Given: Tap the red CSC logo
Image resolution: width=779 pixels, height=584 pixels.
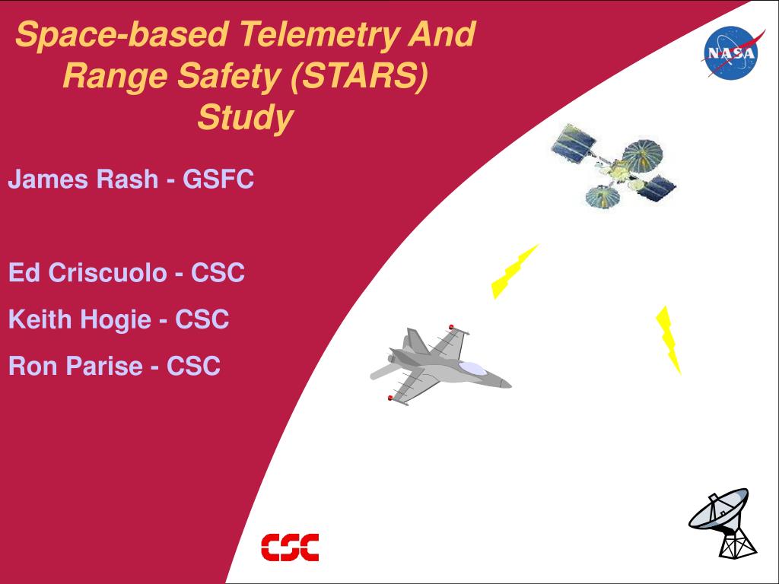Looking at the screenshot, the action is click(290, 547).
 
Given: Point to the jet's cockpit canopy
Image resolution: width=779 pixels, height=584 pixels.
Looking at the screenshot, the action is click(472, 368).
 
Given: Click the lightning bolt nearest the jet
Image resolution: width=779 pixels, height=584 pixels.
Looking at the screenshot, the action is click(514, 271).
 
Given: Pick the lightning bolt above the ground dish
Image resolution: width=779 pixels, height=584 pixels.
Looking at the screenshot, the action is click(668, 340).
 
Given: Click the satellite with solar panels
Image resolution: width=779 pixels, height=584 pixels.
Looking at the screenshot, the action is click(614, 166).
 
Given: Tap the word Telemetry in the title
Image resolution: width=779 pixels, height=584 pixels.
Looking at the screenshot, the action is click(319, 34).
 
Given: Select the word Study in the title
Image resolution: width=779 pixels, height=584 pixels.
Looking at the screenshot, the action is click(246, 118).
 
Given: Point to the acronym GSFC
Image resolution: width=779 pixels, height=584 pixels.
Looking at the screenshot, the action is click(218, 179).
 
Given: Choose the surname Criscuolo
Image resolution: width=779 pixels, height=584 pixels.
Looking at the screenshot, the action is click(107, 272).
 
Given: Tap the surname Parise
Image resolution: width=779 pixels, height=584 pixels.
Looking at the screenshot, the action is click(104, 366).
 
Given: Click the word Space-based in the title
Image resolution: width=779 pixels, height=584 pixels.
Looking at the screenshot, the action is click(122, 34).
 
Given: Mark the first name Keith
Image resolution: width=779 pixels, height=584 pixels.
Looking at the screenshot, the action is click(40, 319).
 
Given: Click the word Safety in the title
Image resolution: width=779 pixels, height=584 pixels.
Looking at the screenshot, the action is click(231, 77).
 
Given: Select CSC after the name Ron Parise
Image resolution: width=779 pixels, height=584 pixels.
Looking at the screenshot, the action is click(193, 366).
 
